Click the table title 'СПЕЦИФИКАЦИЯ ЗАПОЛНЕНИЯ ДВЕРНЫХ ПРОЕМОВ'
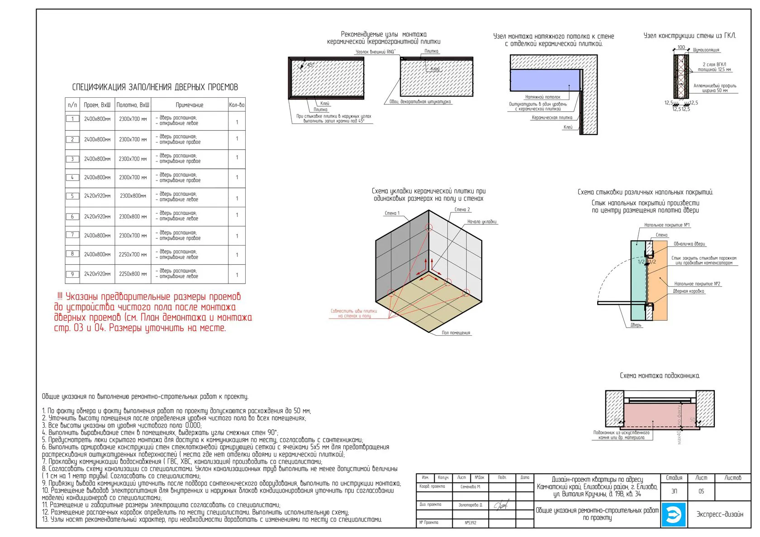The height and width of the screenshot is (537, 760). [x=155, y=87]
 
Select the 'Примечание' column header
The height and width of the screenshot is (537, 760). [x=189, y=105]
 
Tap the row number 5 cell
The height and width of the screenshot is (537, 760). [x=72, y=196]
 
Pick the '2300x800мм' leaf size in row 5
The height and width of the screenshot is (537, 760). [x=133, y=196]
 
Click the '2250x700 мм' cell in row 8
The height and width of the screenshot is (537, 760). [x=133, y=254]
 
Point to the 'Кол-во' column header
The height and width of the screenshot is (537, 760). [x=237, y=105]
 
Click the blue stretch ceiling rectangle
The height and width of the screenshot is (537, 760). [x=545, y=80]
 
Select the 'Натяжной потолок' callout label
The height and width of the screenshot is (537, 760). [x=542, y=97]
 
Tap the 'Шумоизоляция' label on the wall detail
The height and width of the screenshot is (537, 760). [x=706, y=50]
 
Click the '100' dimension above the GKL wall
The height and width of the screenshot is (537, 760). [x=681, y=48]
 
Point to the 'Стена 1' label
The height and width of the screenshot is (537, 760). [x=392, y=213]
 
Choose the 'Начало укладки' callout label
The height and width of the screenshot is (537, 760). [x=482, y=222]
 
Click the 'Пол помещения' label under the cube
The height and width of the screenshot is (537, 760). [x=456, y=333]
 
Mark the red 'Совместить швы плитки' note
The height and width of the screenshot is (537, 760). [x=354, y=314]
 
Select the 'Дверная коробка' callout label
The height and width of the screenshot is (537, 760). [x=689, y=291]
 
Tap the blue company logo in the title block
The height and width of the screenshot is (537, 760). [x=674, y=514]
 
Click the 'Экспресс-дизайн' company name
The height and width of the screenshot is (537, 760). [x=720, y=514]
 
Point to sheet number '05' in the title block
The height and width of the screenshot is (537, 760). [x=701, y=491]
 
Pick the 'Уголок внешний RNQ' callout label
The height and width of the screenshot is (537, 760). [x=375, y=52]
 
